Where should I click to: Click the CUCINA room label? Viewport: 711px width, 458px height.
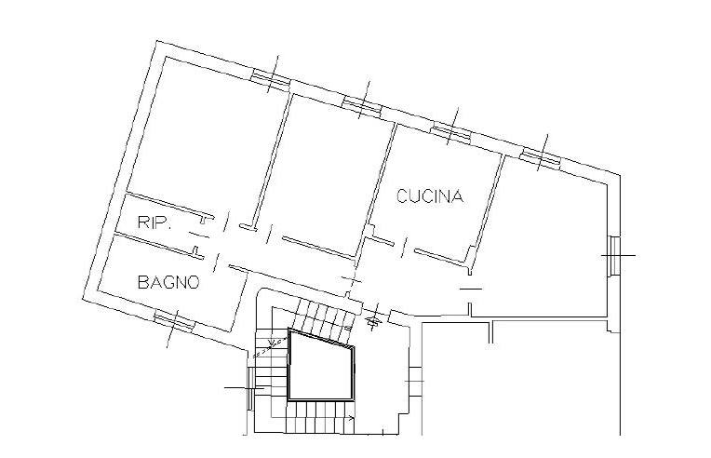pos(430,196)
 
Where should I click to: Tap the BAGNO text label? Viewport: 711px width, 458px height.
pos(168,282)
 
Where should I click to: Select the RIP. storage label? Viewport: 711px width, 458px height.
pos(154,222)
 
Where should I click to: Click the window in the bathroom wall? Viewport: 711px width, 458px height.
pos(174,320)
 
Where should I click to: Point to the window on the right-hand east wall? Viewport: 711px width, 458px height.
pos(614,256)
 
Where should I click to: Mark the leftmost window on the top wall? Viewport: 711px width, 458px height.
pos(271,79)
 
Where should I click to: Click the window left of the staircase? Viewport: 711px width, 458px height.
pos(249,388)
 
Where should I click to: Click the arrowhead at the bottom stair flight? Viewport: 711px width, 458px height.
pos(353,418)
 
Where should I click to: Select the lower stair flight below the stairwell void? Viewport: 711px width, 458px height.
pos(321,417)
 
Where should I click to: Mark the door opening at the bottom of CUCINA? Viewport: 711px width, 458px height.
pos(404,246)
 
